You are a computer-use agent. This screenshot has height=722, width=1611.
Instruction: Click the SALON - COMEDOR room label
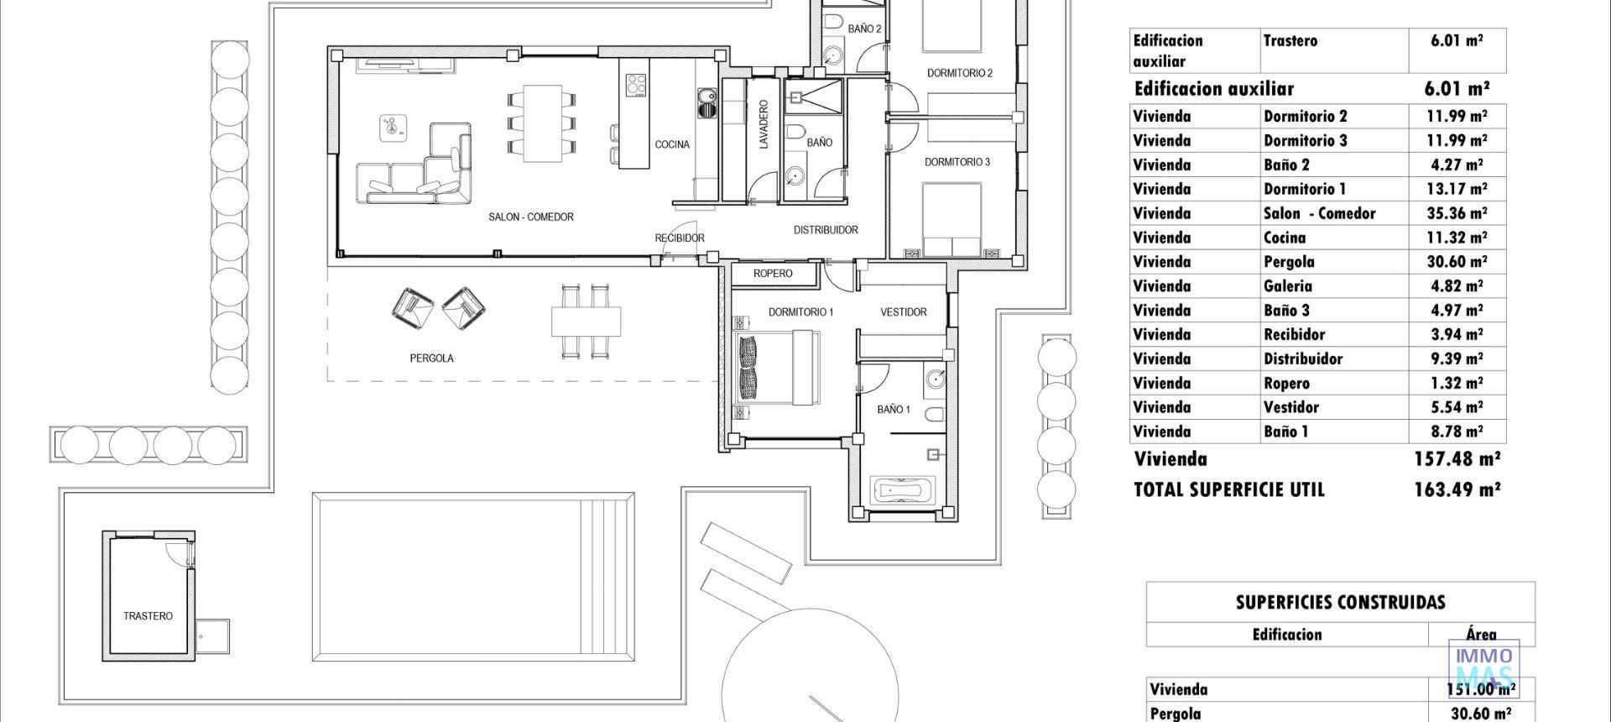(x=531, y=217)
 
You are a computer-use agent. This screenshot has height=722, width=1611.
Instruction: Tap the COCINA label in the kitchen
(x=672, y=144)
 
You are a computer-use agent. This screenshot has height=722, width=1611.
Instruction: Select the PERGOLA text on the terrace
(x=431, y=358)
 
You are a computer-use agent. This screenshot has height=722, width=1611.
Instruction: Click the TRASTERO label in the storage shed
(x=148, y=616)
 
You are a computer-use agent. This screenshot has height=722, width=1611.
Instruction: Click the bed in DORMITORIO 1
(x=777, y=368)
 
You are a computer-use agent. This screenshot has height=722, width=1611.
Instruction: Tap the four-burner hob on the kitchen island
(x=636, y=85)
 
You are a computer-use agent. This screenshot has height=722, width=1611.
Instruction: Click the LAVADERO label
(x=764, y=125)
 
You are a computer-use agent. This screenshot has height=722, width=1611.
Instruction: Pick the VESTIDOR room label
(x=903, y=312)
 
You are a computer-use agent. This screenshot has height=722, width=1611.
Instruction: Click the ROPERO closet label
(x=772, y=274)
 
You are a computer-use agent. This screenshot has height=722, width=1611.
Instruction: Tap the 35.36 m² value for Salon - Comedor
(x=1457, y=213)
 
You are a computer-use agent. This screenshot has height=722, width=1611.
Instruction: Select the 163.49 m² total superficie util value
(x=1457, y=489)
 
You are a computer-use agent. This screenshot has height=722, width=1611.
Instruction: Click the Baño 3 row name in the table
(x=1286, y=311)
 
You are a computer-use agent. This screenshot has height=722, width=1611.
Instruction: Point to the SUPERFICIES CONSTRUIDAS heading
(x=1340, y=603)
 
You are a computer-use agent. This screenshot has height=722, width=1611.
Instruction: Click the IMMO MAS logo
(x=1484, y=667)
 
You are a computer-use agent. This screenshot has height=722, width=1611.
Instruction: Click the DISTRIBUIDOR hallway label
(x=826, y=230)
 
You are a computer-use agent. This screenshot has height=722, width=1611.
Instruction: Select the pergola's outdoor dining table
(x=586, y=321)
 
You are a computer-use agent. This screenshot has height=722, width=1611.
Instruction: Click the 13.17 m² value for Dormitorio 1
(x=1457, y=189)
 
